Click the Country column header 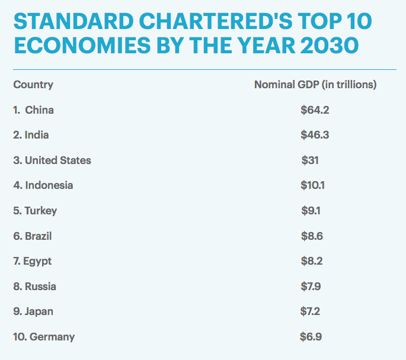coord(33,85)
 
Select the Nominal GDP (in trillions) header coord(315,85)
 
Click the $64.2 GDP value coord(314,110)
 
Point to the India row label coord(31,135)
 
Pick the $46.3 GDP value coord(315,135)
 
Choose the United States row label coord(52,160)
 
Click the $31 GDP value coord(310,160)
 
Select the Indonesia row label coord(43,185)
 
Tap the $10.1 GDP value coord(313,185)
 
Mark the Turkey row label coord(35,211)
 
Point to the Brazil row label coord(33,236)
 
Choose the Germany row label coord(44,337)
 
